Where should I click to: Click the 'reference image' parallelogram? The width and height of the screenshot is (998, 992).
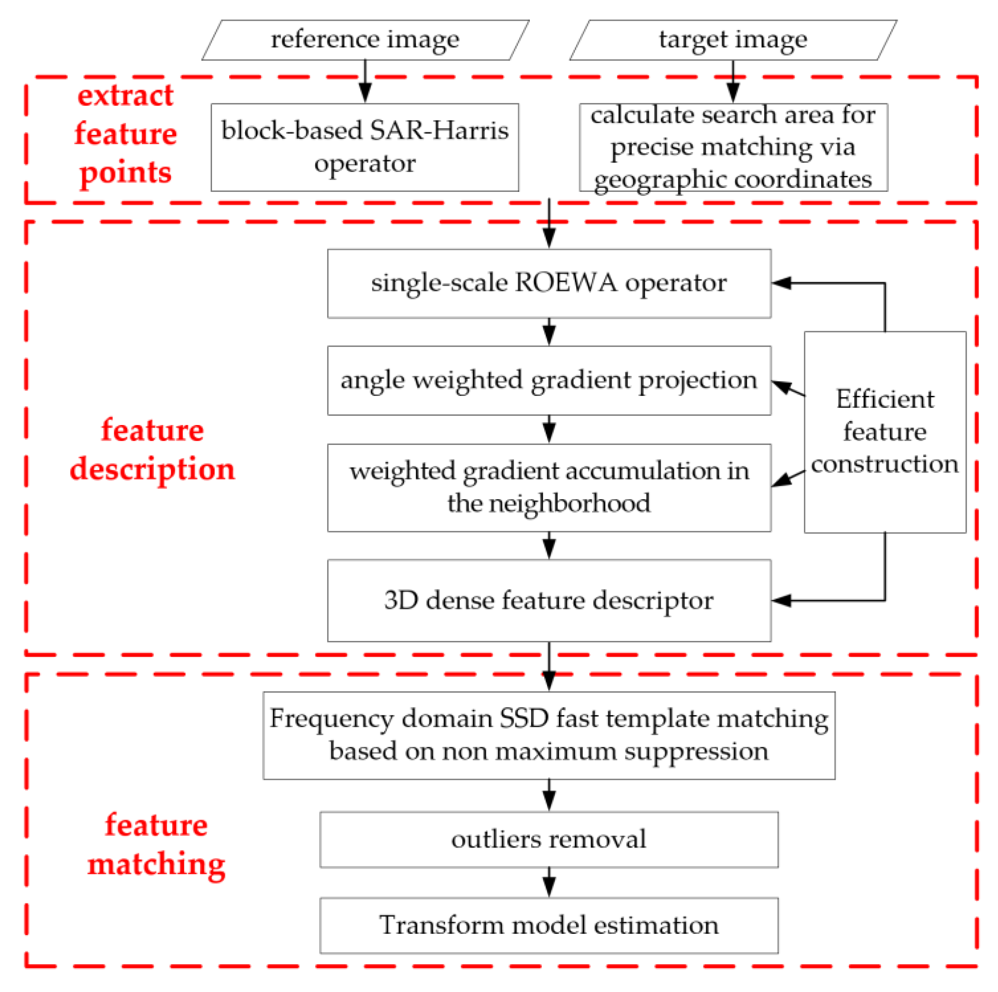365,40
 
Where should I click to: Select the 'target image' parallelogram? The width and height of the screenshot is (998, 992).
733,40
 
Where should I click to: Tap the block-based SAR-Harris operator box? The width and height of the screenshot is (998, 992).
365,147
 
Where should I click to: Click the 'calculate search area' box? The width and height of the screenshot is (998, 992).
733,147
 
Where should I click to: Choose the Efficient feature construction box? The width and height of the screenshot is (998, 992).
884,432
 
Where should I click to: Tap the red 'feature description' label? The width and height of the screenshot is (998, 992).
153,450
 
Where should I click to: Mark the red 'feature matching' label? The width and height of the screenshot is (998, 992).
156,844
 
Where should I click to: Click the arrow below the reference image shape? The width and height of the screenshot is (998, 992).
365,83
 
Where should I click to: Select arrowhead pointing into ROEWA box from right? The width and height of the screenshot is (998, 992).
781,283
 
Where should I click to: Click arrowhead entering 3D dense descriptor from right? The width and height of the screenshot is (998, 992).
781,600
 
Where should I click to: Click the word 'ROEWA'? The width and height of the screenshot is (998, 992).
565,283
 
